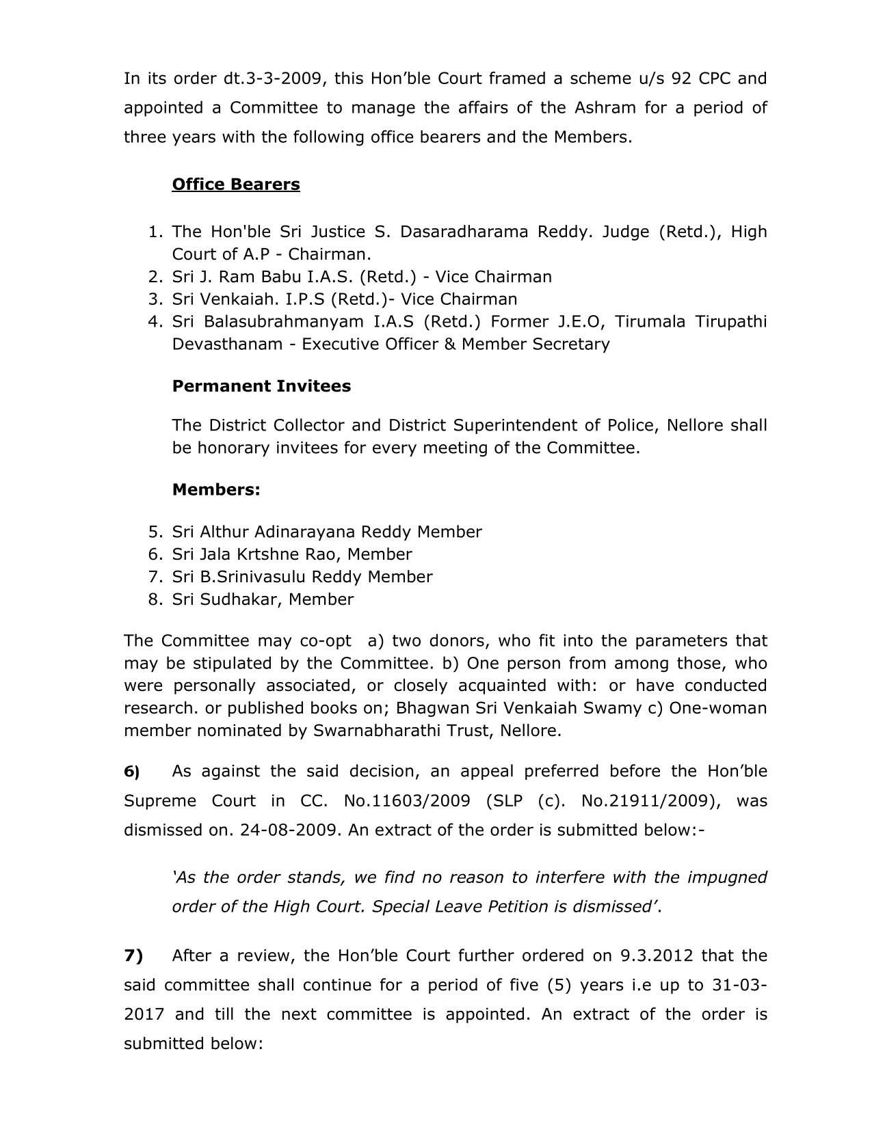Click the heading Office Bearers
coord(236,185)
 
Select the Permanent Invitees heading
coord(261,386)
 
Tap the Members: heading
coord(216,489)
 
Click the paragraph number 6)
coord(132,772)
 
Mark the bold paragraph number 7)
coord(133,955)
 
